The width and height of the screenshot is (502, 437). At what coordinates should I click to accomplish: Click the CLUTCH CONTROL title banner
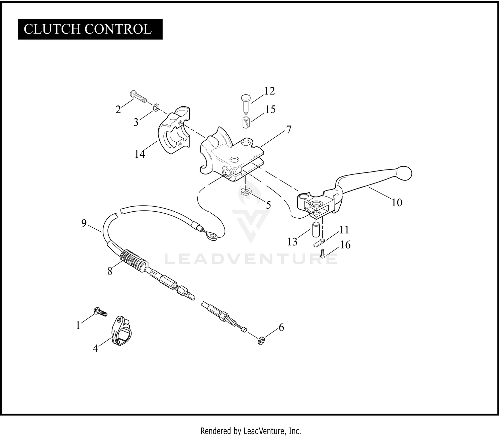pos(90,29)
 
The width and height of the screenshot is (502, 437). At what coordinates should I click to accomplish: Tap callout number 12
pos(269,91)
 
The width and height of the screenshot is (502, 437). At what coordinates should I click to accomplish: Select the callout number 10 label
pos(397,203)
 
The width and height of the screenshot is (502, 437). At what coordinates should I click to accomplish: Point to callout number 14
pos(140,154)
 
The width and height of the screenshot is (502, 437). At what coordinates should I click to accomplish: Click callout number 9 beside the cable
pos(84,223)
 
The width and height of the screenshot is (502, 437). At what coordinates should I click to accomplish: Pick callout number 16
pos(345,245)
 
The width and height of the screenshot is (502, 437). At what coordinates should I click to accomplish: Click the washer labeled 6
pos(262,341)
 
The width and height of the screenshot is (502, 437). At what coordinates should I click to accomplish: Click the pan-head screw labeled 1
pos(100,312)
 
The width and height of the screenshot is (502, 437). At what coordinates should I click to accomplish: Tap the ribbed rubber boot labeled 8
pos(134,261)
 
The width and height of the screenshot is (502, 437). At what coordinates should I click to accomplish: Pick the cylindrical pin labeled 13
pos(316,229)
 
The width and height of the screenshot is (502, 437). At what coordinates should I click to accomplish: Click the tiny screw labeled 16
pos(323,253)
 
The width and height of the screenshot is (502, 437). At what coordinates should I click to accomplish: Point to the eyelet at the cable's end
pos(212,236)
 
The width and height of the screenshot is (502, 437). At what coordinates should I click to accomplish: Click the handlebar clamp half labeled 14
pos(174,130)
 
